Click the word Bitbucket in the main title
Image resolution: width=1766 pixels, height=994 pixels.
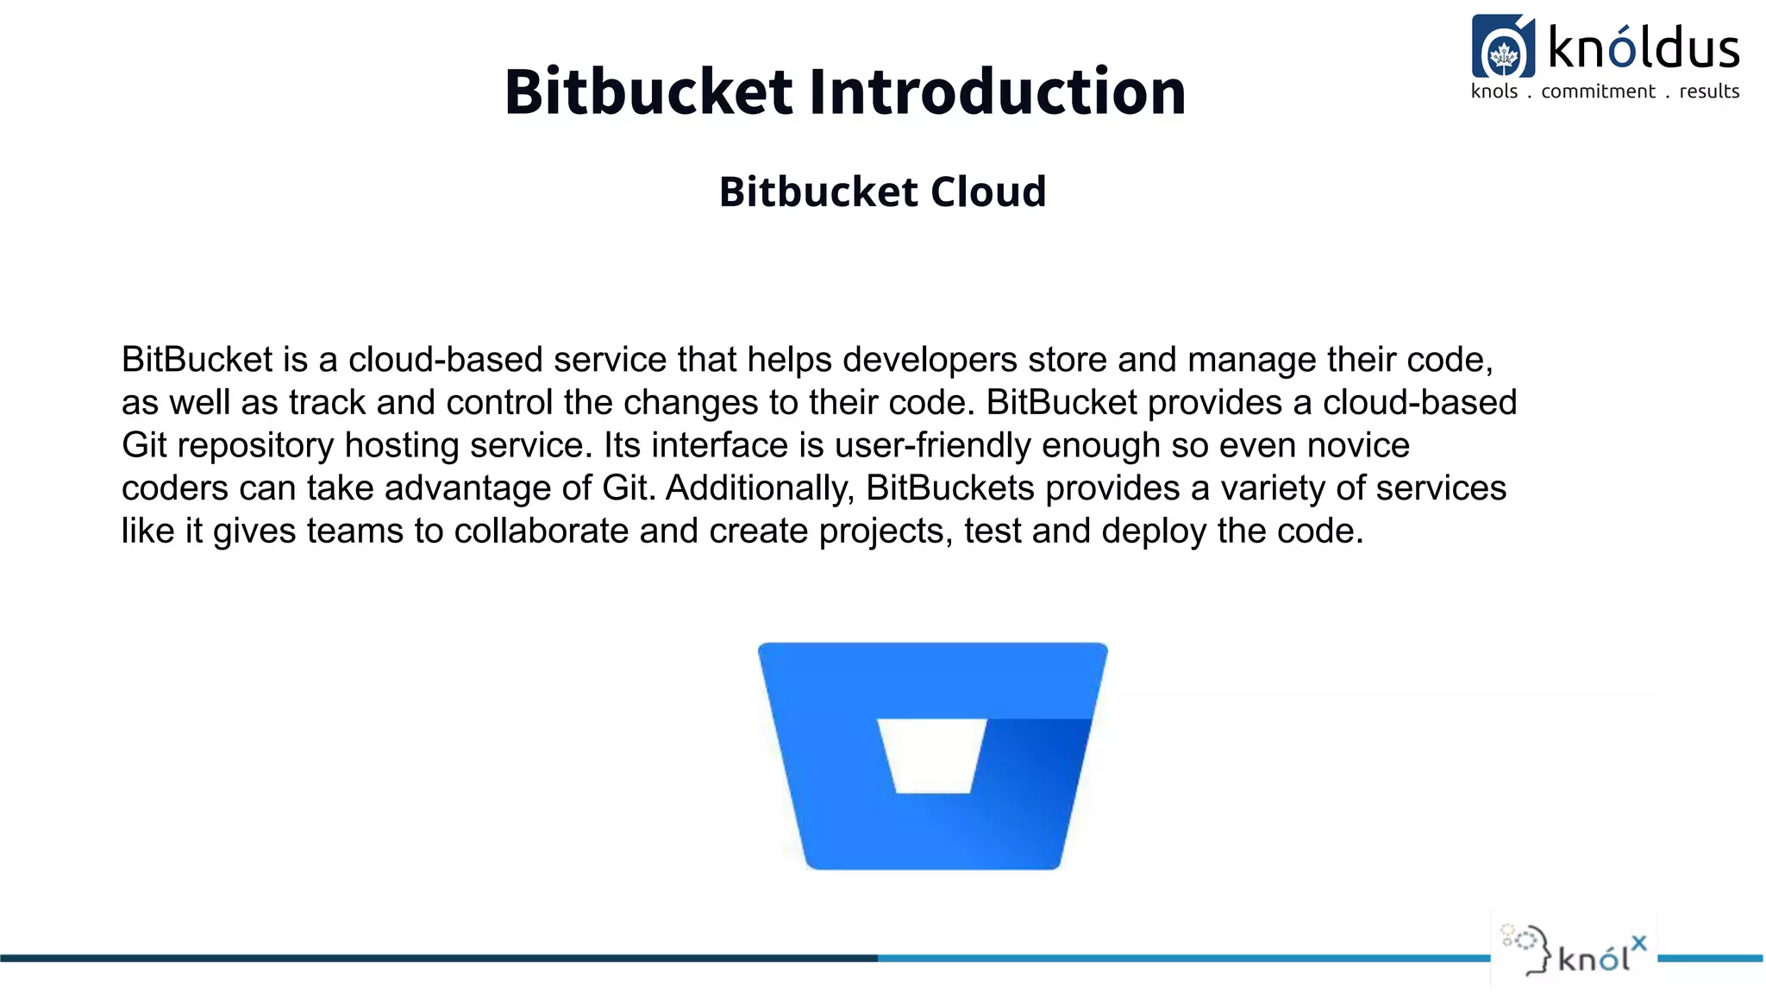pos(648,91)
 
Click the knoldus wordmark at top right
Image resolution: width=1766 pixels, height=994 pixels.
pos(1644,48)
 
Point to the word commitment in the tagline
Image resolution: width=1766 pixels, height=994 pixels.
pos(1598,91)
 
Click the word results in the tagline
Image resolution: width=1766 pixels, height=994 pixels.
pos(1709,91)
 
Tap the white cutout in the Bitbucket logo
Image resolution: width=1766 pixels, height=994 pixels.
pos(932,755)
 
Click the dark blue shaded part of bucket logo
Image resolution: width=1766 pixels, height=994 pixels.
pos(1035,759)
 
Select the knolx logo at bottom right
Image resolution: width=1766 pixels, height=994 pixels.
pos(1575,953)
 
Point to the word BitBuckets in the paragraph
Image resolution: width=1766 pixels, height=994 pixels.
pos(949,488)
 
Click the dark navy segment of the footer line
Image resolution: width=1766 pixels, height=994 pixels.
pos(431,958)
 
